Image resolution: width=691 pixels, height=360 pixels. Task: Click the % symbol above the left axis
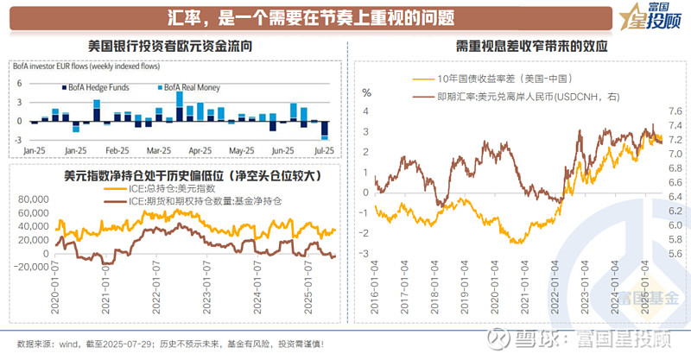point(366,92)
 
